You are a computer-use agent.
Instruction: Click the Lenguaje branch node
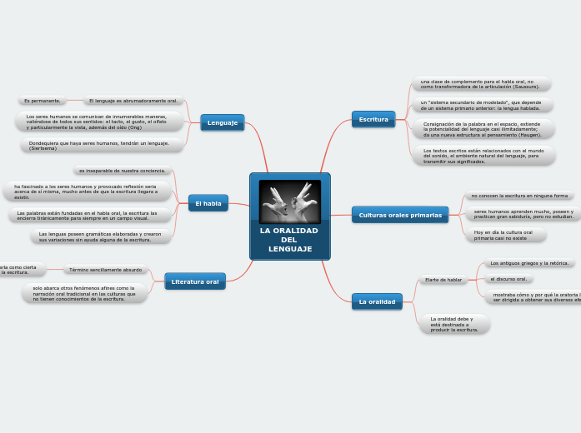pyautogui.click(x=223, y=122)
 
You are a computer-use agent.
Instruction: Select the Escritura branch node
pyautogui.click(x=373, y=119)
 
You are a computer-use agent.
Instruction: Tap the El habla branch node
pyautogui.click(x=208, y=203)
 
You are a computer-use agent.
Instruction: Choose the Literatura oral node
pyautogui.click(x=195, y=282)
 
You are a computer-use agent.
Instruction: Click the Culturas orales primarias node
pyautogui.click(x=400, y=215)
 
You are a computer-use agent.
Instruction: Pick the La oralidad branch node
pyautogui.click(x=377, y=301)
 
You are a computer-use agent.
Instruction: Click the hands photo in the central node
pyautogui.click(x=290, y=201)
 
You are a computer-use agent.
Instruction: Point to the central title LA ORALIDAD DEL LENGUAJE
pyautogui.click(x=289, y=240)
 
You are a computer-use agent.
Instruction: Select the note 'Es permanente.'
pyautogui.click(x=43, y=101)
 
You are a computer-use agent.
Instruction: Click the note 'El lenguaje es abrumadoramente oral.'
pyautogui.click(x=133, y=101)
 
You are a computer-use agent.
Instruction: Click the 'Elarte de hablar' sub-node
pyautogui.click(x=443, y=280)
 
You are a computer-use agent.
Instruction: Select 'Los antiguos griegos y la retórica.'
pyautogui.click(x=529, y=263)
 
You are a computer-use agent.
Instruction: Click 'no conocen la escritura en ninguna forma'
pyautogui.click(x=518, y=196)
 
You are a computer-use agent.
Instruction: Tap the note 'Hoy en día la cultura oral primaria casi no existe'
pyautogui.click(x=503, y=235)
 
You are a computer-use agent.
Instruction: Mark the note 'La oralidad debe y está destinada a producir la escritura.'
pyautogui.click(x=453, y=324)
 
